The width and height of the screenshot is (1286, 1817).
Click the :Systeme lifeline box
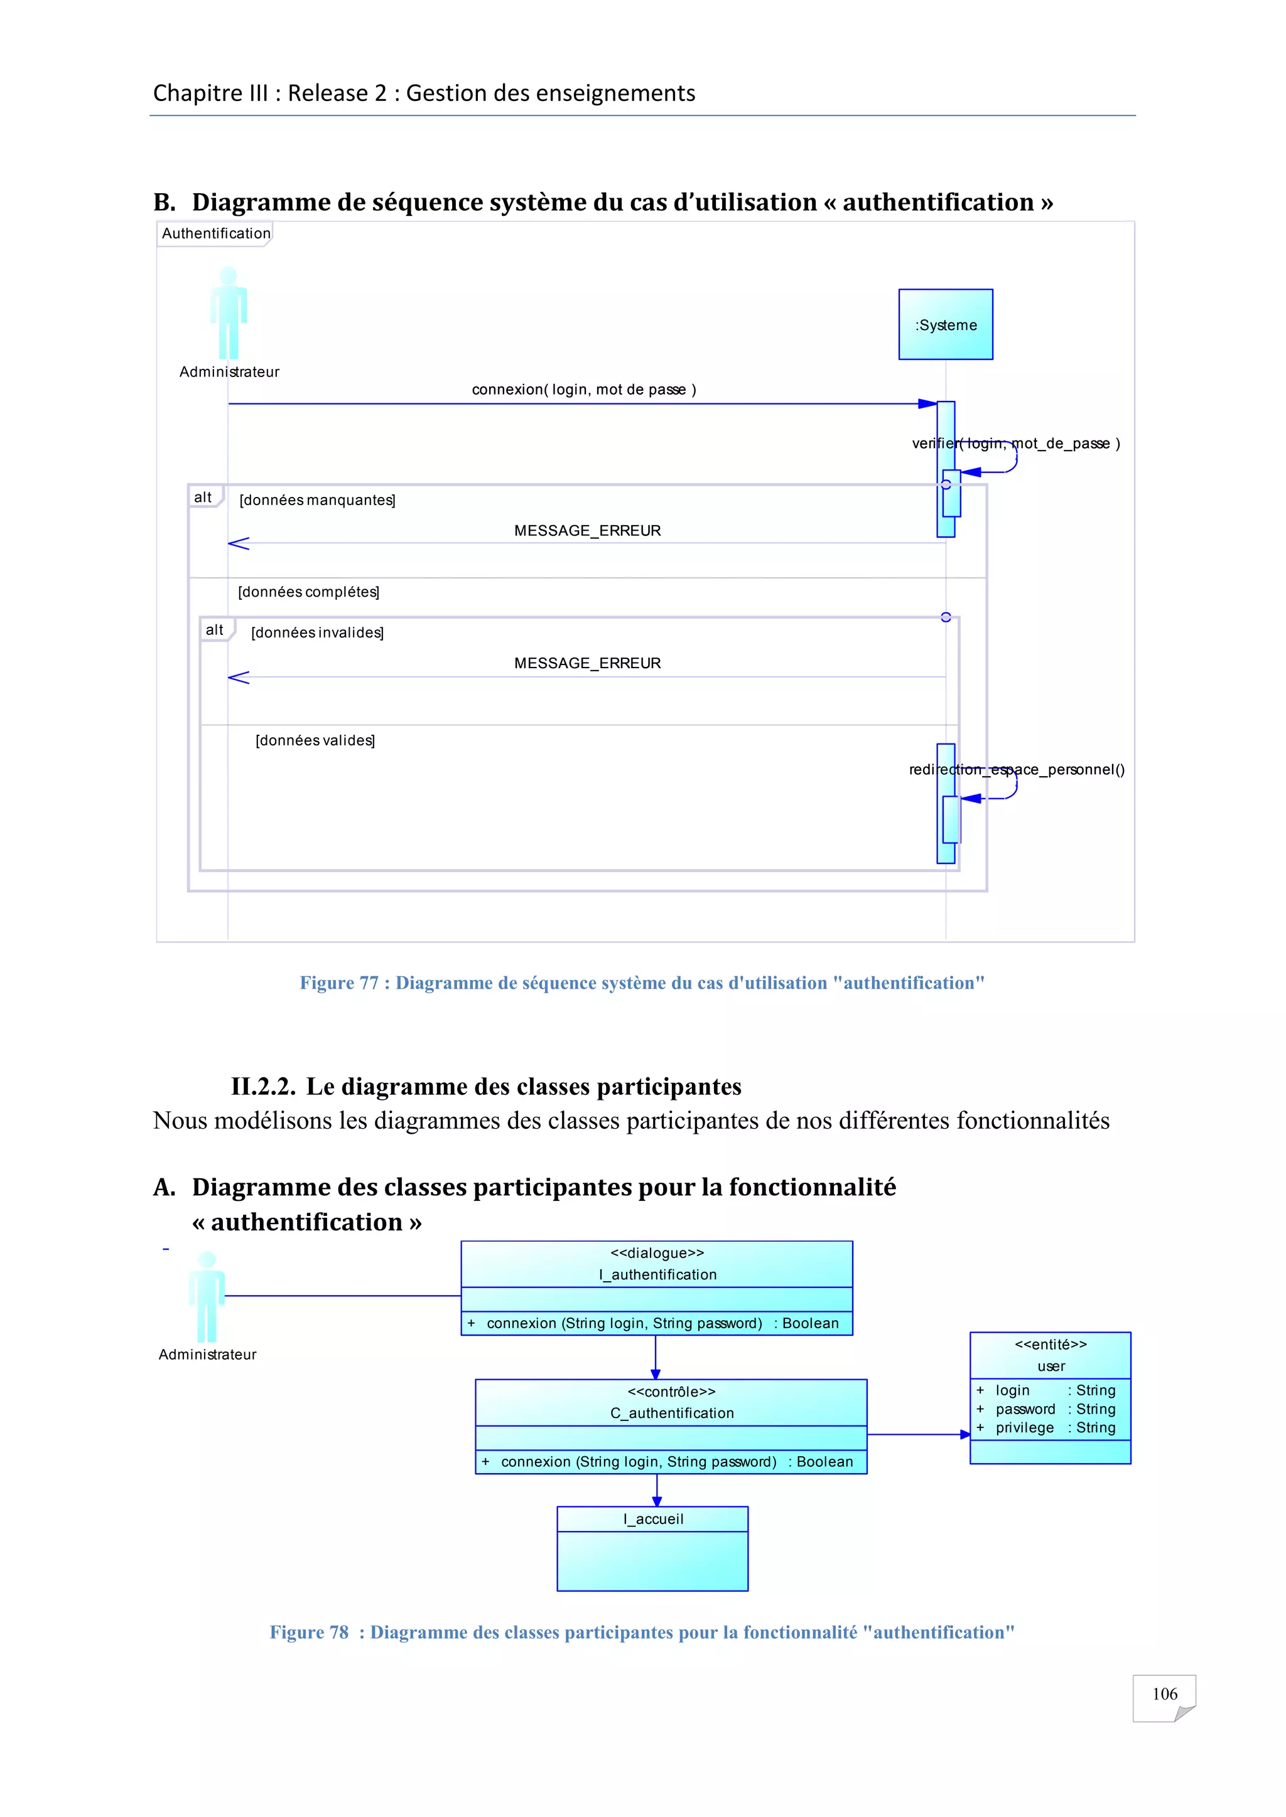pos(946,324)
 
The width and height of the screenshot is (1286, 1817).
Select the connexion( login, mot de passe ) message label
pos(583,390)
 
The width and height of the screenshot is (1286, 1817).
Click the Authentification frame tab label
pos(215,233)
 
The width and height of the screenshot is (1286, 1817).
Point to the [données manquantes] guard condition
pos(316,500)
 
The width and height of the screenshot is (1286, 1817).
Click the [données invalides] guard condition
pos(316,632)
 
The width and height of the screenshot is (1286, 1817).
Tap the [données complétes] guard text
pos(308,592)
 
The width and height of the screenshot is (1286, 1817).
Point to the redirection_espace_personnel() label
pos(1016,769)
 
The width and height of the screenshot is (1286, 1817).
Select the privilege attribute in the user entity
pos(1024,1427)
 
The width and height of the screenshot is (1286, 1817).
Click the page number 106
pos(1164,1693)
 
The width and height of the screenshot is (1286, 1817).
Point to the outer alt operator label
pos(203,497)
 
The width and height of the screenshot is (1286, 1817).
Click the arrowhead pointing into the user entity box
pos(964,1434)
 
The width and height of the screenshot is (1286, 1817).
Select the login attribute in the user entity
pos(1012,1390)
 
